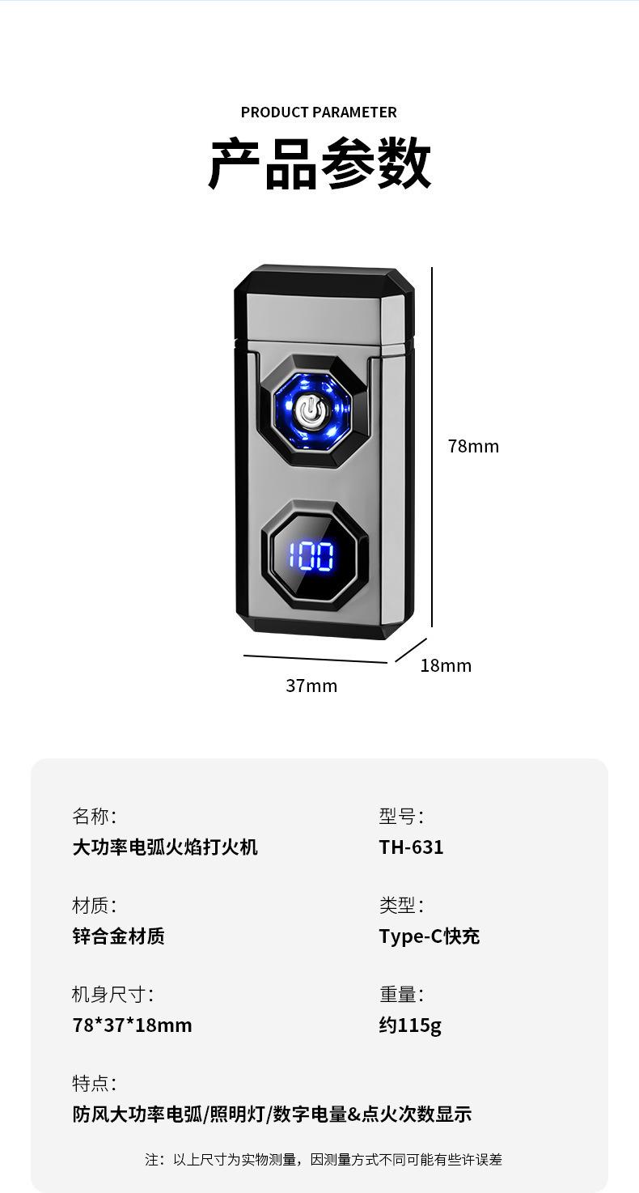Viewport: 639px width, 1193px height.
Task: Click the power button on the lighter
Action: click(310, 412)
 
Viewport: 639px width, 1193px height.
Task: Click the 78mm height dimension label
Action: click(473, 446)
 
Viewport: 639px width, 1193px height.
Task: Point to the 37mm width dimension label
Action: click(311, 686)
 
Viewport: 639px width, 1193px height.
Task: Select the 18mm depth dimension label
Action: click(446, 666)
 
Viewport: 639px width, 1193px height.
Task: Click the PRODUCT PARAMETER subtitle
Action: click(319, 113)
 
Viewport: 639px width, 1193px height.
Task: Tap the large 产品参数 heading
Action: click(319, 163)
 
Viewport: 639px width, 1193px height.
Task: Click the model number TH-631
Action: click(411, 847)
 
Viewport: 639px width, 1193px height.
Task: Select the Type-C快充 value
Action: click(430, 936)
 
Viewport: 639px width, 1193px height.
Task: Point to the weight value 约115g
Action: click(410, 1025)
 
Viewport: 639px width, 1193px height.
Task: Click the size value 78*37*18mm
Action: click(132, 1025)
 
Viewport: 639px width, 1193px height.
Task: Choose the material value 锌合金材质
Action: click(119, 936)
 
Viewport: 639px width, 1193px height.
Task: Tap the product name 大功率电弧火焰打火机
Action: click(165, 847)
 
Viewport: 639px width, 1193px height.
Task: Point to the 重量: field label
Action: click(401, 995)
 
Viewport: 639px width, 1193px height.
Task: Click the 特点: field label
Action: click(94, 1084)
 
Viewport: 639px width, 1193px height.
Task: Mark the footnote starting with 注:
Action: click(324, 1160)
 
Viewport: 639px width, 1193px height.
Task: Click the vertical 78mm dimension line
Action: click(432, 448)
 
